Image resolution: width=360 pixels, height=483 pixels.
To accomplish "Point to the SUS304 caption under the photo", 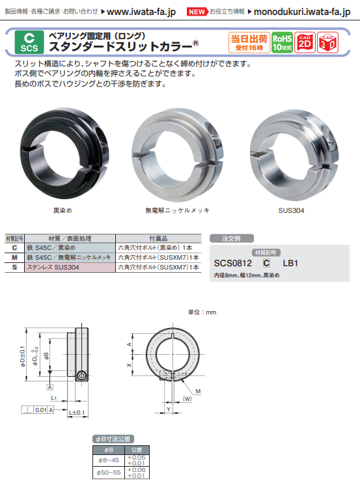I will [291, 211].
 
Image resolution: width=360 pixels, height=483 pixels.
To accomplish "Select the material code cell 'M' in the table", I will [14, 258].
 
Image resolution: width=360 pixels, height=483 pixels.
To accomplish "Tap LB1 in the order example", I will [290, 264].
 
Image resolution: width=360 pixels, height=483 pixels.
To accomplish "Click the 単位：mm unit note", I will [202, 312].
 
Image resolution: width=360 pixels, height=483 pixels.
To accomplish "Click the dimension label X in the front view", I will [130, 366].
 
